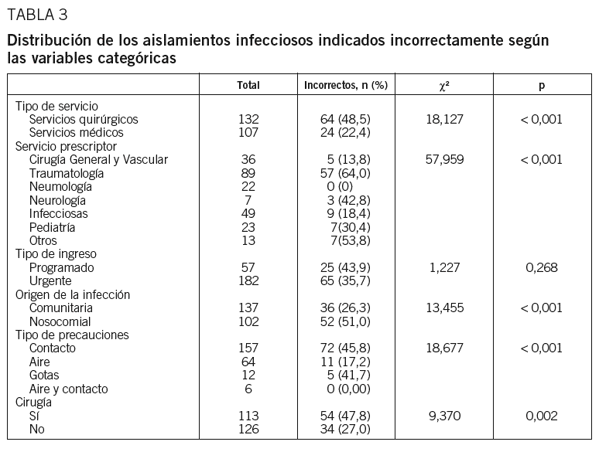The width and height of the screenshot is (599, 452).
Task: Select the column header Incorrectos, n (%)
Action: (345, 85)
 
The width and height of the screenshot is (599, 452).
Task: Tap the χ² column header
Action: (443, 85)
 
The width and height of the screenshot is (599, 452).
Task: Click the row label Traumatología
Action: (67, 173)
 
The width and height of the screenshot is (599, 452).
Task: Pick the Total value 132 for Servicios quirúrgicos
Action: (248, 119)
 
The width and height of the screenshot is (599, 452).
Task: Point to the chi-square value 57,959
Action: (443, 160)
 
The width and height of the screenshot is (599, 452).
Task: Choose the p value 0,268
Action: (542, 267)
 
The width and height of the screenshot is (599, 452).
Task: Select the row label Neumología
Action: (61, 186)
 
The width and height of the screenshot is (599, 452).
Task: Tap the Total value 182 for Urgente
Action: (248, 280)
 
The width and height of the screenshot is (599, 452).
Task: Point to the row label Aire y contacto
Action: (69, 389)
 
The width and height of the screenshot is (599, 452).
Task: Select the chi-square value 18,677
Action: (443, 348)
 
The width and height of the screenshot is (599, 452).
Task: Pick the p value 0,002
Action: (542, 416)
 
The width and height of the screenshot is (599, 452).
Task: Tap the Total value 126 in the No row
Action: (248, 429)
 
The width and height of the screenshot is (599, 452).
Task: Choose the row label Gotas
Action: (45, 375)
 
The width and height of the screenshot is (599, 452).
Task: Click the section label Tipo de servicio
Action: (56, 106)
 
